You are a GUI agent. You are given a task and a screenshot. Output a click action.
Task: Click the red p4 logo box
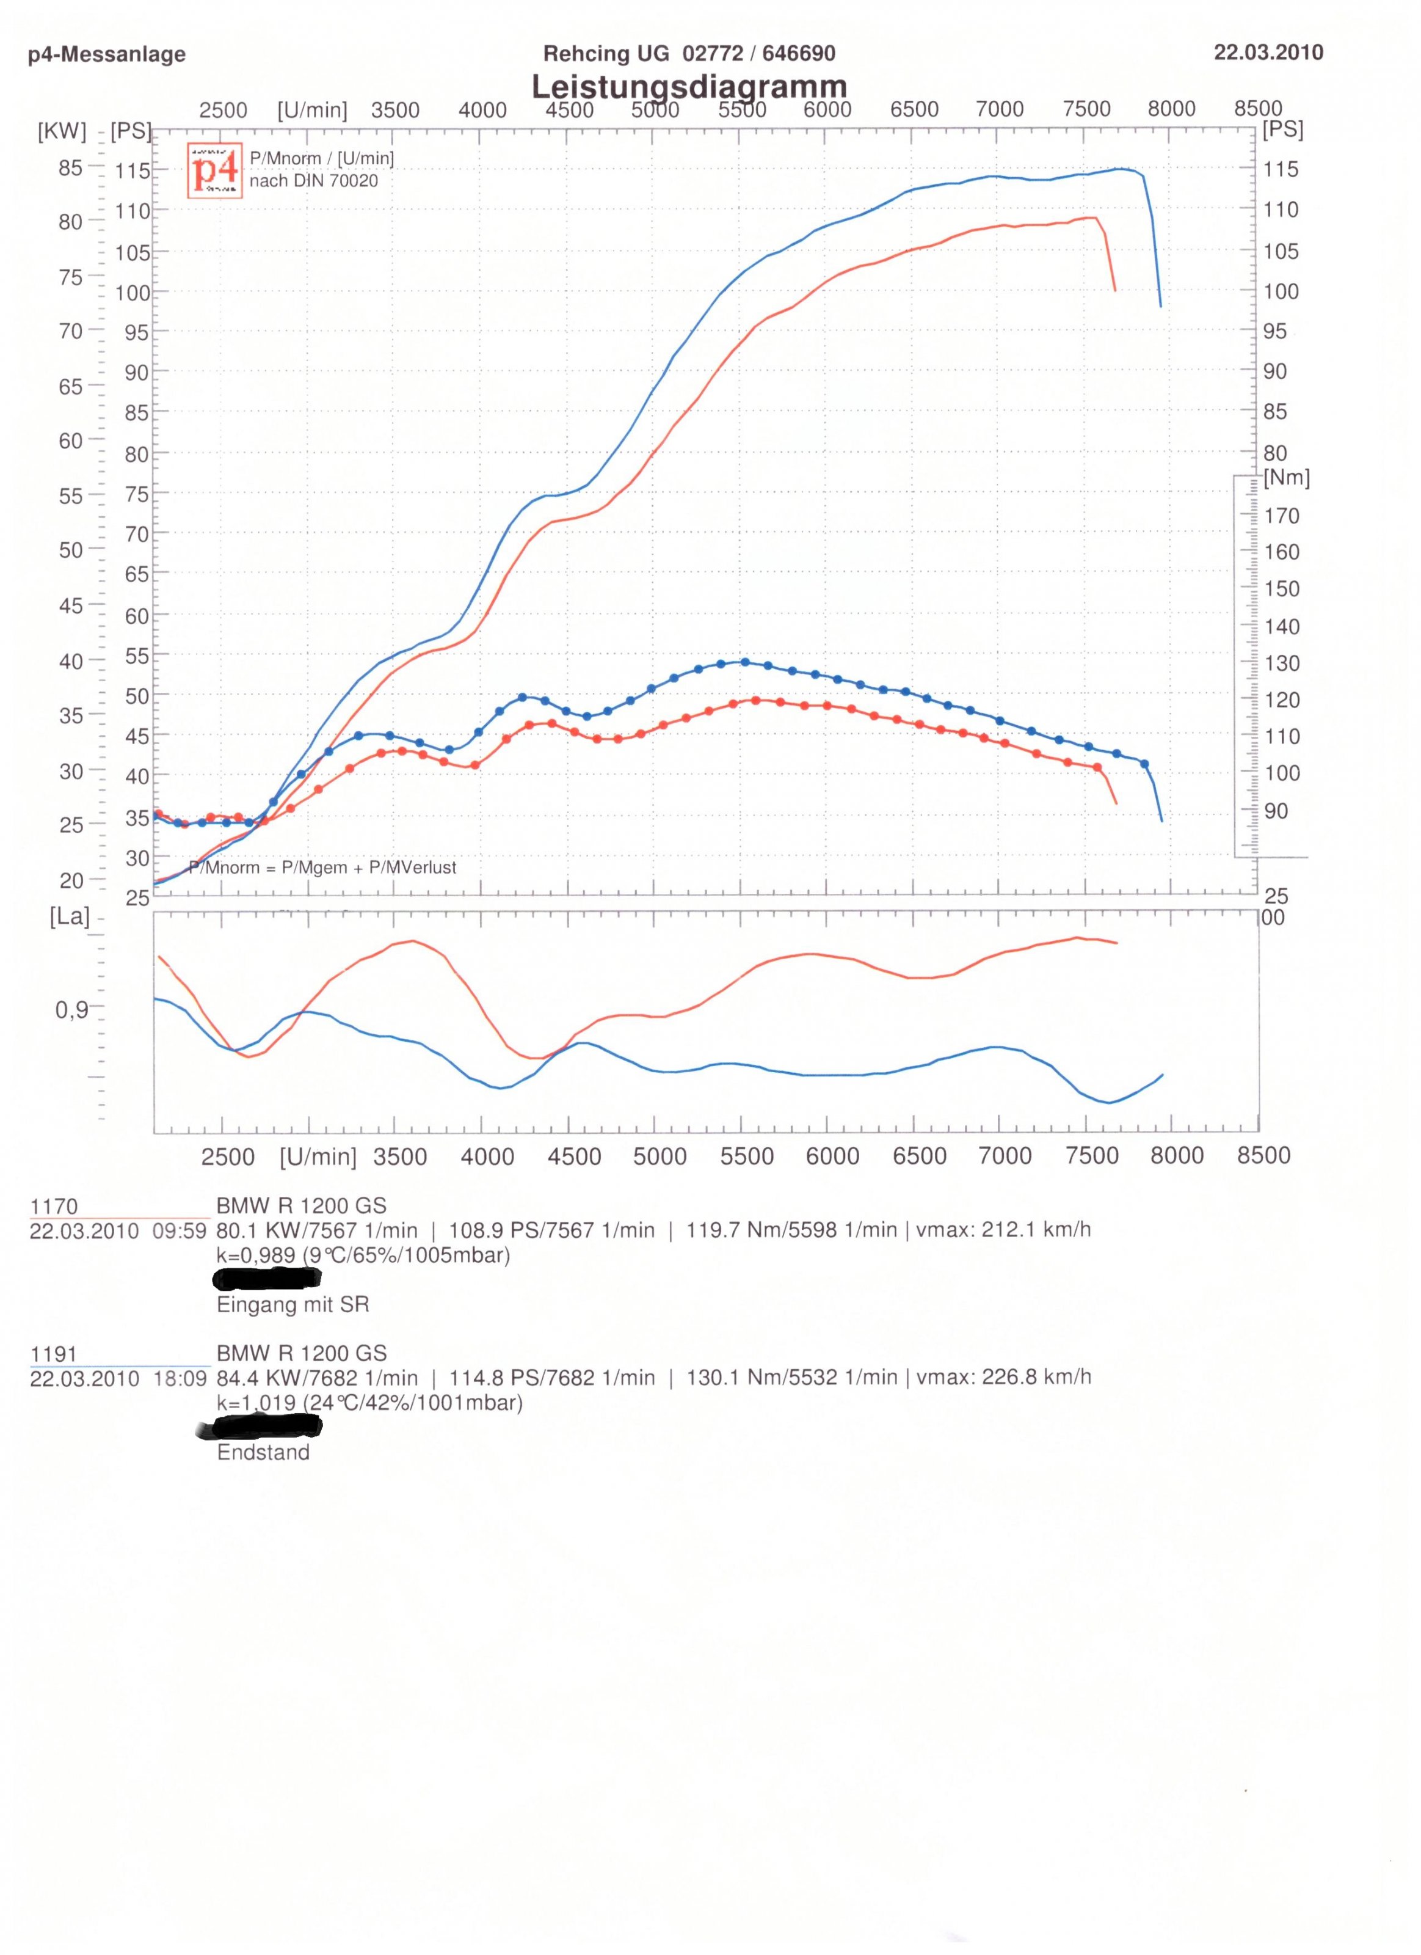(214, 170)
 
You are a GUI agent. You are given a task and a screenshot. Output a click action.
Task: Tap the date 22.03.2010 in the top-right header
(1268, 52)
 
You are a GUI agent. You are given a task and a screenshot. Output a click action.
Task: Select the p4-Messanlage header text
(107, 54)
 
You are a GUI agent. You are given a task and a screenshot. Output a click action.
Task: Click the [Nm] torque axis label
(1287, 478)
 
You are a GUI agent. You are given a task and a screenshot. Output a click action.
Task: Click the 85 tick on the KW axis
(71, 168)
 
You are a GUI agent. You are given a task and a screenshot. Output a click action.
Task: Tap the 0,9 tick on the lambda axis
(71, 1009)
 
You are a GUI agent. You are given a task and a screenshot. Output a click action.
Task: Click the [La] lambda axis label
(70, 916)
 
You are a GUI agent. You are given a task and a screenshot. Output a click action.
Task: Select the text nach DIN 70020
(314, 181)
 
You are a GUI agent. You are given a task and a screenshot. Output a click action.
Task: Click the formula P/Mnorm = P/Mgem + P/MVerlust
(323, 867)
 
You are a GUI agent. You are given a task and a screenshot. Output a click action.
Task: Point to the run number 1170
(53, 1206)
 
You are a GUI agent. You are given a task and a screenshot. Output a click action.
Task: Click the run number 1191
(53, 1353)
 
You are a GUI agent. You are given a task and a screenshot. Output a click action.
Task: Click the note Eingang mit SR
(293, 1304)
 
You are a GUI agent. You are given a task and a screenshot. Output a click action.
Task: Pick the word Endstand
(263, 1452)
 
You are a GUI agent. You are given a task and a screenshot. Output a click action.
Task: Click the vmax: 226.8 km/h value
(1004, 1378)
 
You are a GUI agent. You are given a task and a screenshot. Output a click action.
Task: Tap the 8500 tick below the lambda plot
(1263, 1156)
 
